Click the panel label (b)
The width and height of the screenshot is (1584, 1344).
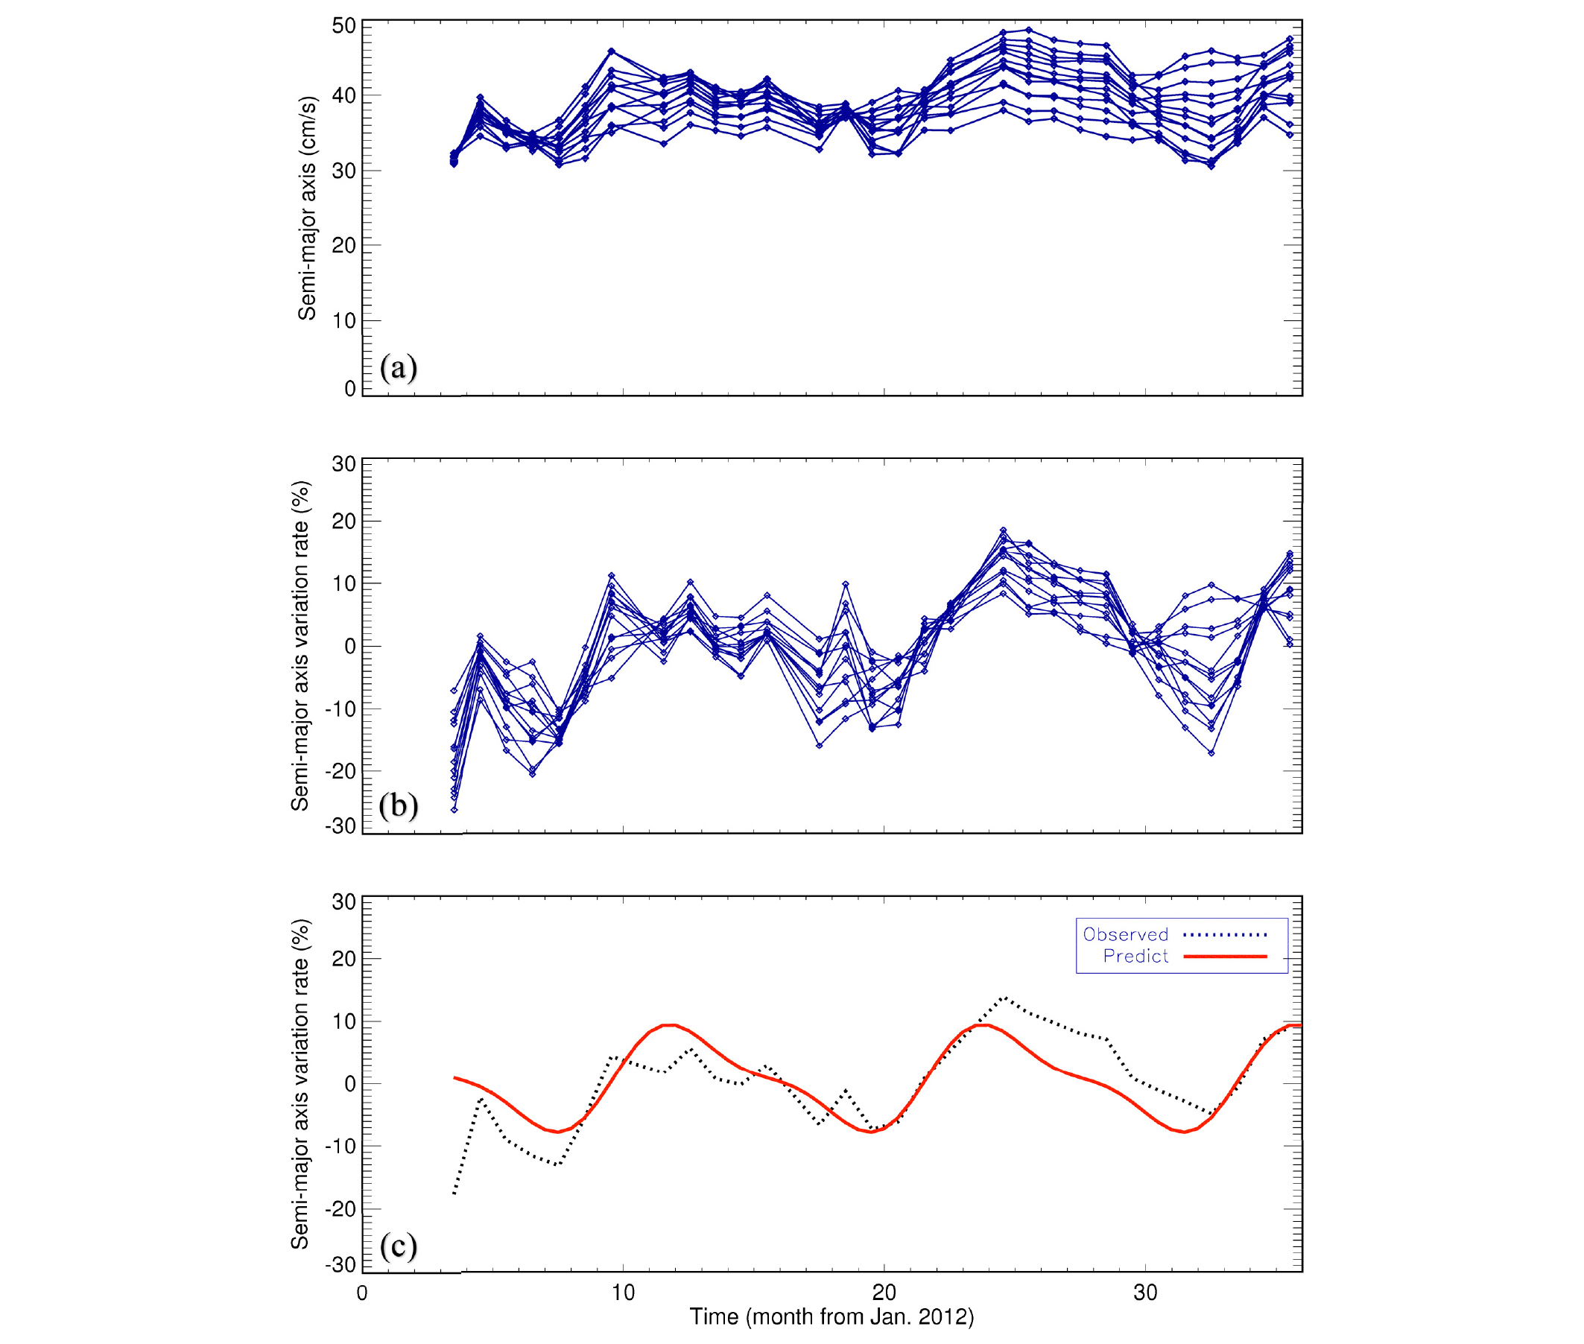(398, 805)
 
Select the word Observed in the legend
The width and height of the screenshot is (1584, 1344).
(1124, 935)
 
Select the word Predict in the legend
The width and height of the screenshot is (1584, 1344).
(1135, 956)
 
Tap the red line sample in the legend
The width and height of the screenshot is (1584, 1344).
(1224, 956)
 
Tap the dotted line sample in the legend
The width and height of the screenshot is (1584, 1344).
(1224, 935)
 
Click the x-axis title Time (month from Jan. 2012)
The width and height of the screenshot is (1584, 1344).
(831, 1316)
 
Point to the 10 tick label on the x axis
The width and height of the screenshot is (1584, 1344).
(622, 1292)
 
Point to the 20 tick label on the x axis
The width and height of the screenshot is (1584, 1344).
(884, 1292)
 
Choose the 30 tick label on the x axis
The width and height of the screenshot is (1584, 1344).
(1144, 1292)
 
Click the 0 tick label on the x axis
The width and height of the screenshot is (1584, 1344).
(362, 1292)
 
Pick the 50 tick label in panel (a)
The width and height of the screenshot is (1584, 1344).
(343, 26)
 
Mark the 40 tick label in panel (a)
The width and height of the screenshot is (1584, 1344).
(343, 96)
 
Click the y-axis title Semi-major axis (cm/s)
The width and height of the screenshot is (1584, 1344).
(306, 208)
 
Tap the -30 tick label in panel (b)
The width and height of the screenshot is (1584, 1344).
(340, 826)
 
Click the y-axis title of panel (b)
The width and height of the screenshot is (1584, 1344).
(300, 645)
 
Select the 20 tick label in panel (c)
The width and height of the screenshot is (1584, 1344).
(343, 959)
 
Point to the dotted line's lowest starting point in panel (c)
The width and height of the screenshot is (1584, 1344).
(454, 1194)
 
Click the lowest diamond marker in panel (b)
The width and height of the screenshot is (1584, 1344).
(454, 810)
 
